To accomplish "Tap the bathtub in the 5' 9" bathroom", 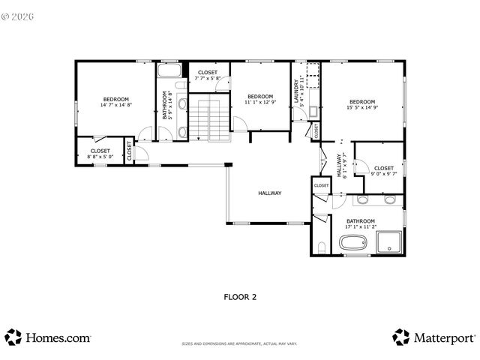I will click(x=171, y=72).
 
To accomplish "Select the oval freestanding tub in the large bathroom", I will click(x=352, y=243).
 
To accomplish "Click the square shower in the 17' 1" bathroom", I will click(x=389, y=241).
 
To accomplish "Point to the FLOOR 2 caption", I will click(x=240, y=297).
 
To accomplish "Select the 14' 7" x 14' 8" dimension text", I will click(x=115, y=106).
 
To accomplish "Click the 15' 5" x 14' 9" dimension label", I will click(x=361, y=108).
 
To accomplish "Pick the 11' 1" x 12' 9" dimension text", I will click(x=260, y=103).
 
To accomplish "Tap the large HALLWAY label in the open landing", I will click(x=269, y=193).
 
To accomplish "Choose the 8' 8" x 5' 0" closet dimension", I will click(x=100, y=157).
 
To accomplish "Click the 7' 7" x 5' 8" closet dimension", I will click(x=208, y=78).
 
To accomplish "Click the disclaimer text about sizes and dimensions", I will click(x=240, y=344).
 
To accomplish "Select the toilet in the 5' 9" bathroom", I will click(x=181, y=133).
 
